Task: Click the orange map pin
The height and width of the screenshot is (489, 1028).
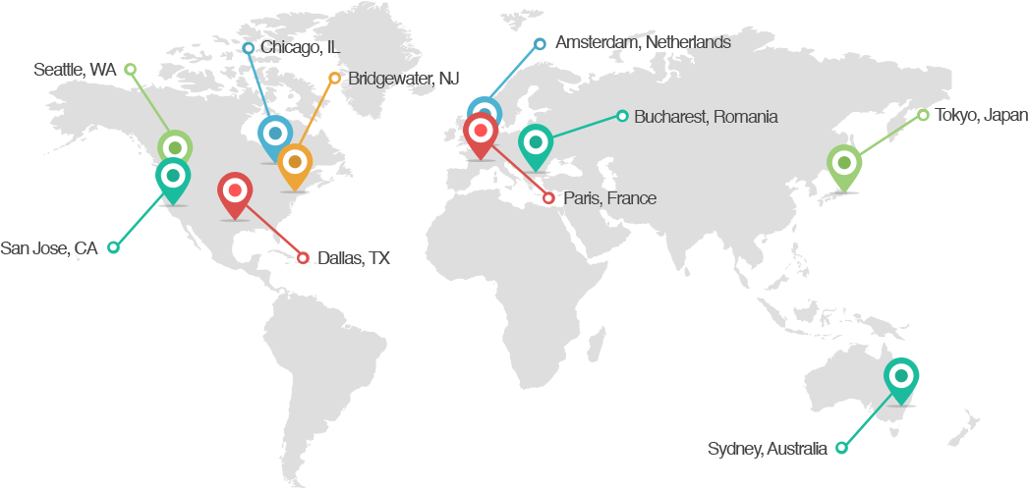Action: coord(294,164)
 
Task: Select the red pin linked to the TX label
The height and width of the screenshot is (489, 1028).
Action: coord(235,191)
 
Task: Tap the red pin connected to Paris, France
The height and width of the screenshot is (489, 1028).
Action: coord(481,133)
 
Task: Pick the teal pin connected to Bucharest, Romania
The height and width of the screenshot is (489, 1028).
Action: coord(536,143)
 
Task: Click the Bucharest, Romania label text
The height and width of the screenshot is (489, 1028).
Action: coord(706,117)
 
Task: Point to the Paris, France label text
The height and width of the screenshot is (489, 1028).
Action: coord(609,198)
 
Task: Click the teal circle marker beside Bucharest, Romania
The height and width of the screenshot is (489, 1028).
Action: coord(622,116)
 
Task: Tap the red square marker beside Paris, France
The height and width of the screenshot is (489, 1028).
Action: coord(548,198)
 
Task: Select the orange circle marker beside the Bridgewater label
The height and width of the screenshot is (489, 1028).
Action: coord(334,78)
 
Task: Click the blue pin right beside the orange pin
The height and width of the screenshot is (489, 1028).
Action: coord(274,135)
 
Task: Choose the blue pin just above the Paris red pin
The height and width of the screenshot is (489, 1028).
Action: coord(484,112)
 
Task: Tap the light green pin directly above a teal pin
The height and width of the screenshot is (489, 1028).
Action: coord(175,148)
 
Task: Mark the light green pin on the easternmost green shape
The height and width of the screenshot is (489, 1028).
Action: coord(842,164)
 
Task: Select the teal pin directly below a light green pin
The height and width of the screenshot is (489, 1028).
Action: coord(173,178)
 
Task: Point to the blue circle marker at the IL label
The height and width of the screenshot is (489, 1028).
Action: coord(249,47)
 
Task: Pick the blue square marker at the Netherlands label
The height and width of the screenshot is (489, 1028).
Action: coord(540,43)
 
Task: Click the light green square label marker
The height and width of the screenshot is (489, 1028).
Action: coord(130,69)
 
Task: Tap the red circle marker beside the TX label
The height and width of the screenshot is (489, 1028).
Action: coord(304,258)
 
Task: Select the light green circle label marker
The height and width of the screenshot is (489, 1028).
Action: coord(923,115)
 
